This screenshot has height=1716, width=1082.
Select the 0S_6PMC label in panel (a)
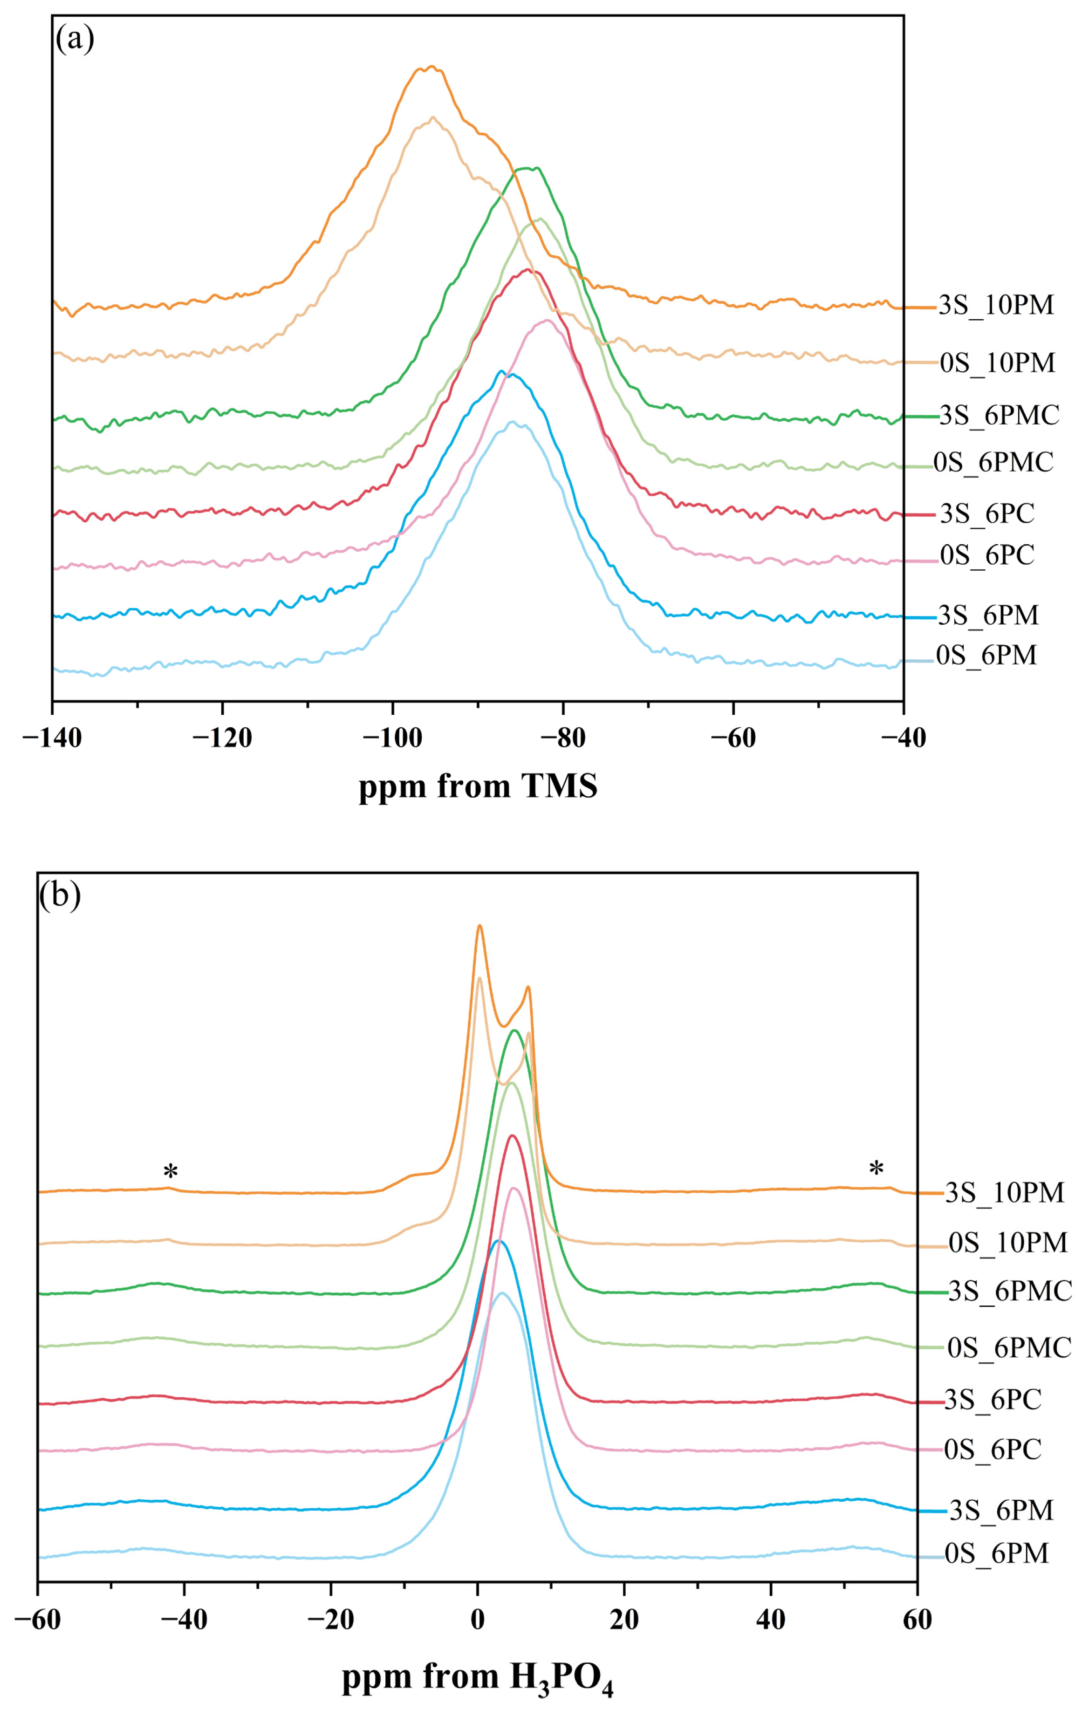coord(993,463)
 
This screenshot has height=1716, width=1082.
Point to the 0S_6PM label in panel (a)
coord(986,655)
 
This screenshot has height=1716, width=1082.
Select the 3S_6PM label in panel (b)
coord(1001,1510)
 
